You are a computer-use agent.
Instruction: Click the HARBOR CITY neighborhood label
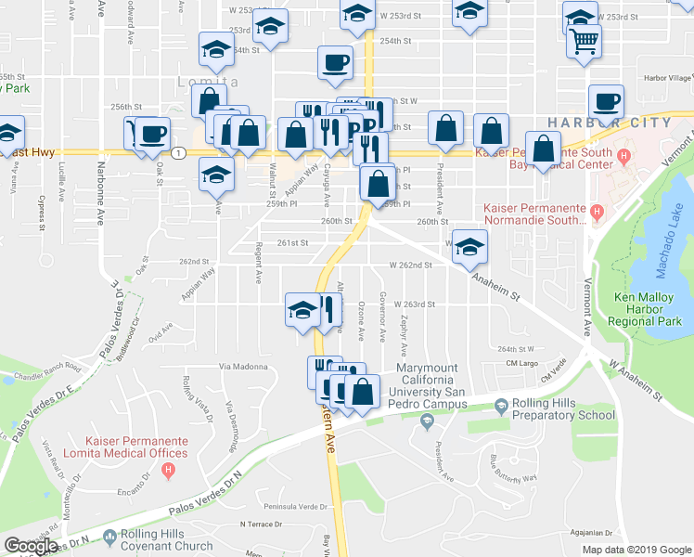[609, 123]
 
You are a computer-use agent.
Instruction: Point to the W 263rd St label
[414, 304]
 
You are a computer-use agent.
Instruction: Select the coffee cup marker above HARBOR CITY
[606, 102]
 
